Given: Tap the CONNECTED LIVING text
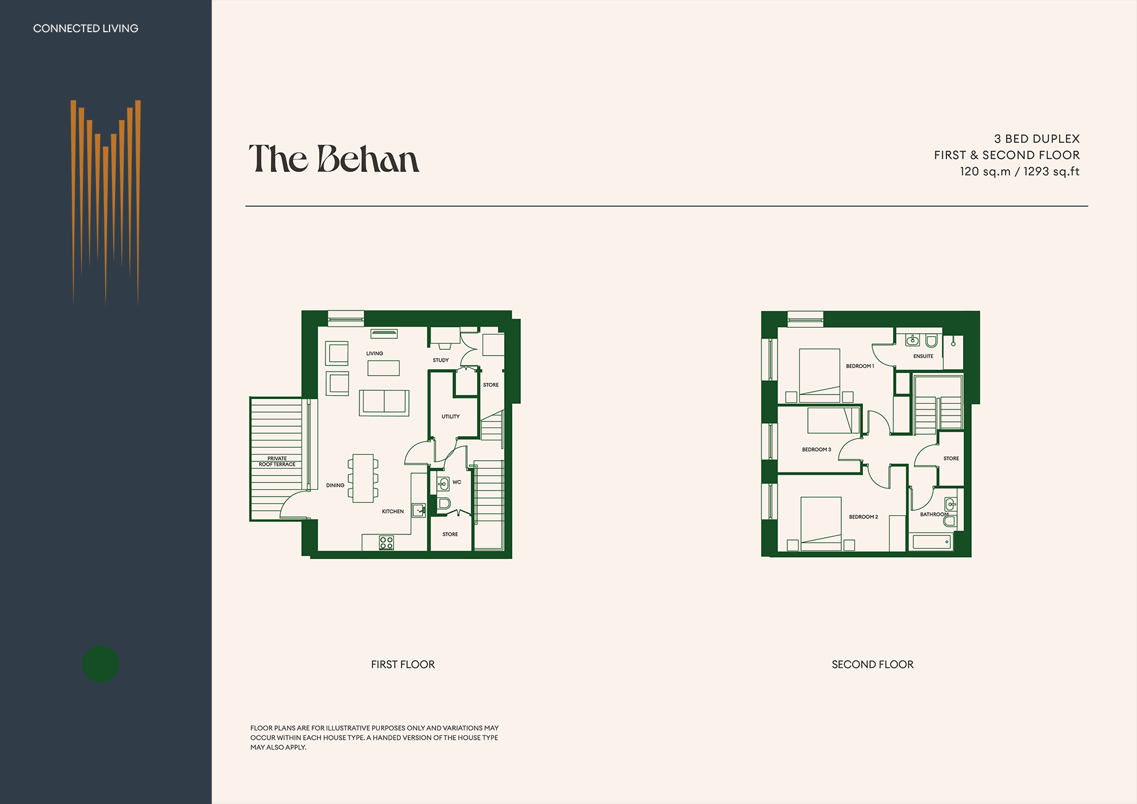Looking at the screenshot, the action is (85, 28).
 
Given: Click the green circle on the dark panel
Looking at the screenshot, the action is (101, 664).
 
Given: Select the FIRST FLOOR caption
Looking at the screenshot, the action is (403, 664).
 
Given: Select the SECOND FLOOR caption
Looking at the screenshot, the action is (872, 664).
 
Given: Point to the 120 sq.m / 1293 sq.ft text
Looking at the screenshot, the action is (1019, 171).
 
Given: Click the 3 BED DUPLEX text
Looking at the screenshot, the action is (1037, 139).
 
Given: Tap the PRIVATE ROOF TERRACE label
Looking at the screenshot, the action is (277, 461).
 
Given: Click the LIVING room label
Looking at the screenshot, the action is (374, 354).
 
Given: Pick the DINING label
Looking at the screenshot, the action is (335, 485).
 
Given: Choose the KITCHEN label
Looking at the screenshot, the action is (393, 511).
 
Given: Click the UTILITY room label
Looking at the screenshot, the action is (450, 417).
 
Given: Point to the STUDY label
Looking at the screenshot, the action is (440, 360).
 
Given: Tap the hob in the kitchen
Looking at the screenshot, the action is (387, 543).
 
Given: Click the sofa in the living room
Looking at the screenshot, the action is (384, 403).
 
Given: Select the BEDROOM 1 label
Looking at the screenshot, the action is (860, 366).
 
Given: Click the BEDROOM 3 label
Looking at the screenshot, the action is (817, 450).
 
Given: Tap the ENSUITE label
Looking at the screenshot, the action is (923, 356).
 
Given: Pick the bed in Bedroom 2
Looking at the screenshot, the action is (821, 523).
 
